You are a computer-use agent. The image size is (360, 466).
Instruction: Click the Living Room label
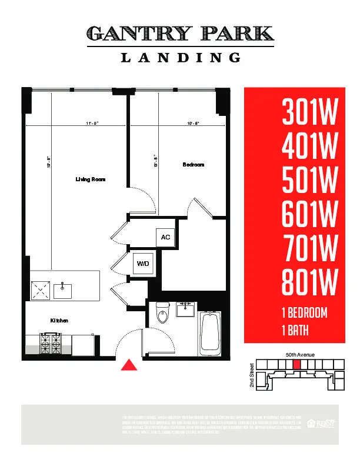pos(90,179)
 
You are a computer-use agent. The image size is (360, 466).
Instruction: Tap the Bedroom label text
pos(193,165)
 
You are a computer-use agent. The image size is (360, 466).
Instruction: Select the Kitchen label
pos(59,320)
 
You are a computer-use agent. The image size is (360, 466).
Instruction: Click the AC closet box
pos(165,237)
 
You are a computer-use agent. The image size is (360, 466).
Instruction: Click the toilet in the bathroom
pos(162,313)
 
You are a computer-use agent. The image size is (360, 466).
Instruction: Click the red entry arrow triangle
pos(128,365)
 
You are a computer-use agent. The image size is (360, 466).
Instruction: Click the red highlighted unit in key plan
pos(296,365)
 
